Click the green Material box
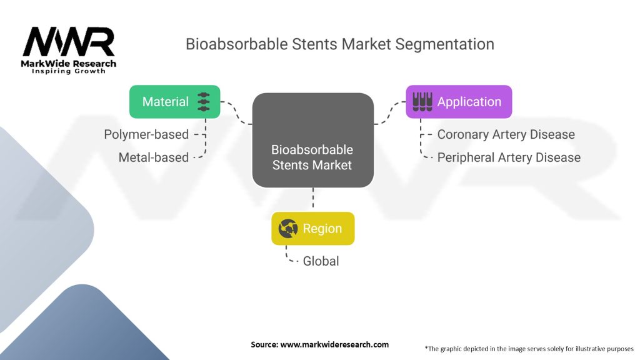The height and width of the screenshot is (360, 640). coord(174,102)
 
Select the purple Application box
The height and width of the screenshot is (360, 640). coord(459,102)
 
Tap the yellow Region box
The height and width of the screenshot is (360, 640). coord(312,229)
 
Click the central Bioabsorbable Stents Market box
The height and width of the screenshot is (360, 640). coord(312,140)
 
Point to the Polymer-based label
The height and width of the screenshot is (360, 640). coord(146,134)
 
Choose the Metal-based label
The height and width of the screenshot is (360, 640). coord(154,157)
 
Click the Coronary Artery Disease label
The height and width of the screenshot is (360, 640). coord(506,134)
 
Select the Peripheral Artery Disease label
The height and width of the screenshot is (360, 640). coord(509,157)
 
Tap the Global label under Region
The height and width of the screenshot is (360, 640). coord(321,261)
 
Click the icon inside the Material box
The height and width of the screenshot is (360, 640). coord(204,102)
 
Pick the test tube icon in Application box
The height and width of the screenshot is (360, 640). coord(422,102)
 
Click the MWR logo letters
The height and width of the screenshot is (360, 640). coord(69,42)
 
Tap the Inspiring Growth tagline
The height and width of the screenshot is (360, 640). coord(69,71)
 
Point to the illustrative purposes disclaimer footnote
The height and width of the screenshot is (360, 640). coord(529,348)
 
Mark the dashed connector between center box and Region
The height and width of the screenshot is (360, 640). coord(312,199)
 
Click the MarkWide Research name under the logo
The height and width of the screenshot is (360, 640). coord(69,63)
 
